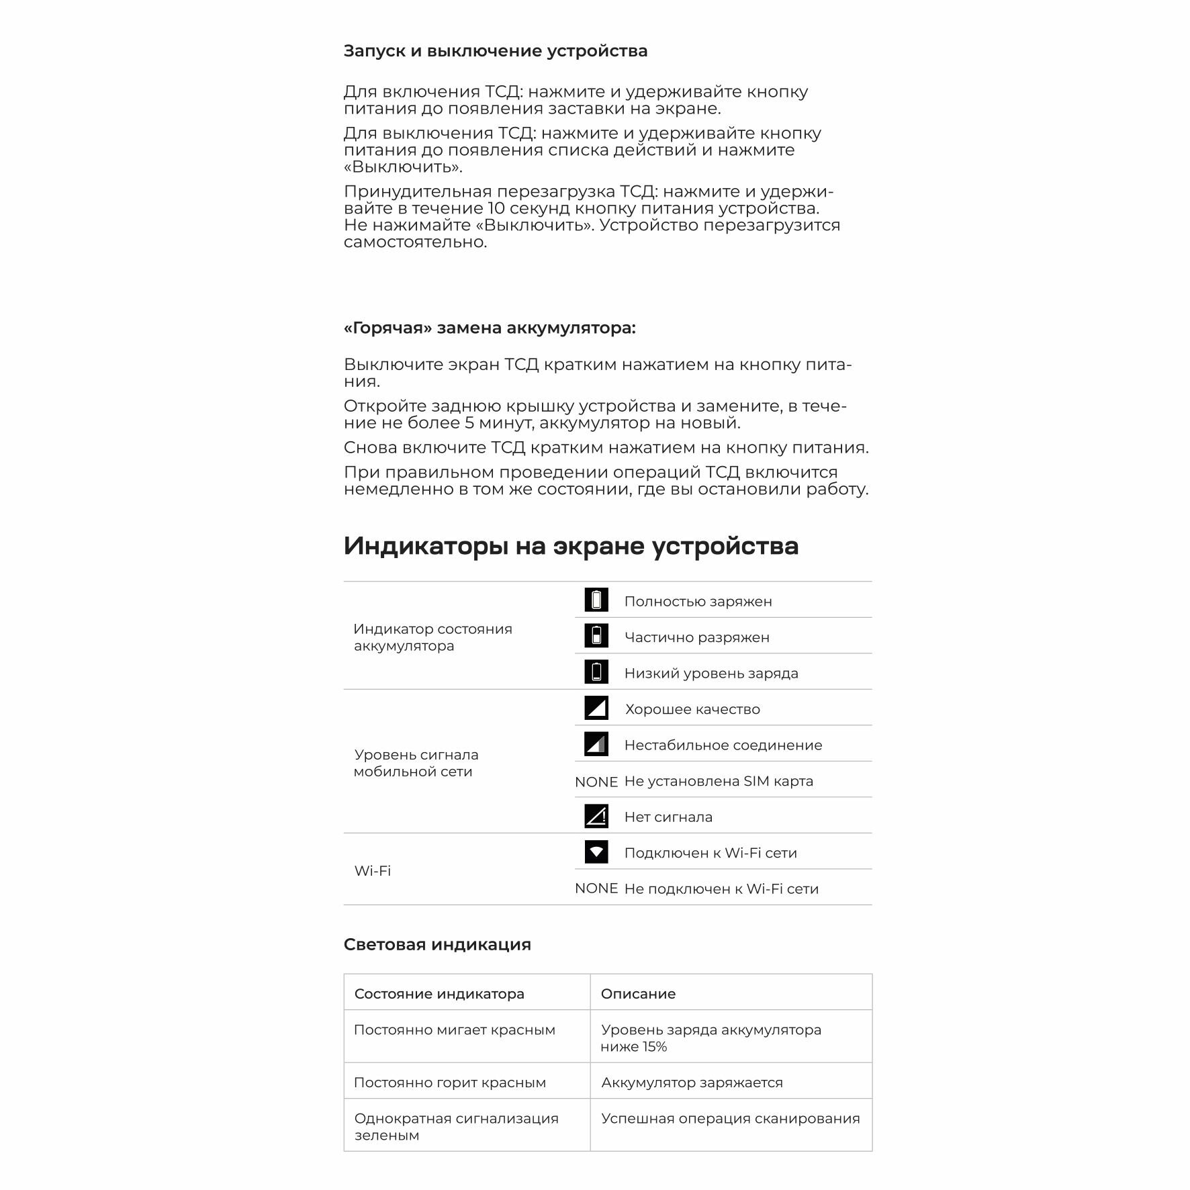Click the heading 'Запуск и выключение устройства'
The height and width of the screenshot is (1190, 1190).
(x=495, y=51)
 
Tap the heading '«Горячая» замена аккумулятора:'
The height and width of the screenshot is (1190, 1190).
(x=489, y=328)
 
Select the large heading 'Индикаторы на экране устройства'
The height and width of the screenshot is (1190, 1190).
(x=571, y=545)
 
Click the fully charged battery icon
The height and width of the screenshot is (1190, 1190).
(x=596, y=600)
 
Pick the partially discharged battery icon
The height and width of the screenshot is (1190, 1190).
(x=596, y=636)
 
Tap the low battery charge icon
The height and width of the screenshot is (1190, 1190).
(x=596, y=672)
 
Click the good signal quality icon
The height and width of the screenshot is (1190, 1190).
(x=596, y=708)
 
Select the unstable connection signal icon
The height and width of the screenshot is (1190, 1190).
(x=596, y=744)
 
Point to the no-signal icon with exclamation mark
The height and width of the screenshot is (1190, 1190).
(x=596, y=816)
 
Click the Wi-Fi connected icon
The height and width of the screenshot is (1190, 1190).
(x=596, y=852)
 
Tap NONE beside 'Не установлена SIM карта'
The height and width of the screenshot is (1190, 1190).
(x=596, y=782)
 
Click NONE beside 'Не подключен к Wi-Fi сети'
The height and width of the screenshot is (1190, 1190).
(x=596, y=888)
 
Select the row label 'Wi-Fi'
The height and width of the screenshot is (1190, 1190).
(x=372, y=871)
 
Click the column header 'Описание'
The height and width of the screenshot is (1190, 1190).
(x=638, y=994)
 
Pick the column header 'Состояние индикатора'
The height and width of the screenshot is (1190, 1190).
(x=439, y=994)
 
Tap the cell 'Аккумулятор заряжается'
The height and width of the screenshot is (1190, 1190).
(x=692, y=1083)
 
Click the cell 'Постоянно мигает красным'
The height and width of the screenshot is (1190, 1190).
(x=454, y=1030)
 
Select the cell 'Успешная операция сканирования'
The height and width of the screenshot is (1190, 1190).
(x=730, y=1119)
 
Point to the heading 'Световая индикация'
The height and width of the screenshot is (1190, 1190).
(x=437, y=945)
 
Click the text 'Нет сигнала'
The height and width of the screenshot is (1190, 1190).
(x=668, y=817)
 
